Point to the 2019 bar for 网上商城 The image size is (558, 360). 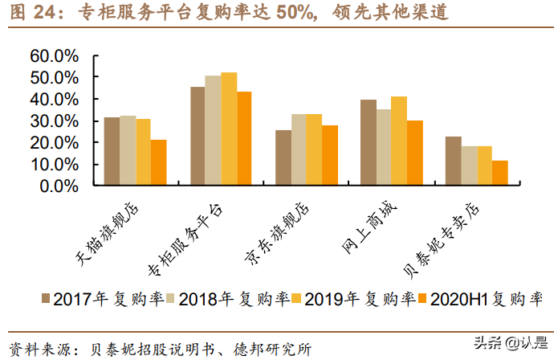pos(399,141)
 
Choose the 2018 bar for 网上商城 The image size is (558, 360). pos(384,147)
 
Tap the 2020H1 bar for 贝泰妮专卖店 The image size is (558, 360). pos(500,173)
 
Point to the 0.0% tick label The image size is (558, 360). pos(59,186)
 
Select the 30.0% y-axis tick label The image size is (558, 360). pos(54,121)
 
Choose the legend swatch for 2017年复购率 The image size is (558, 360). pos(45,299)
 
